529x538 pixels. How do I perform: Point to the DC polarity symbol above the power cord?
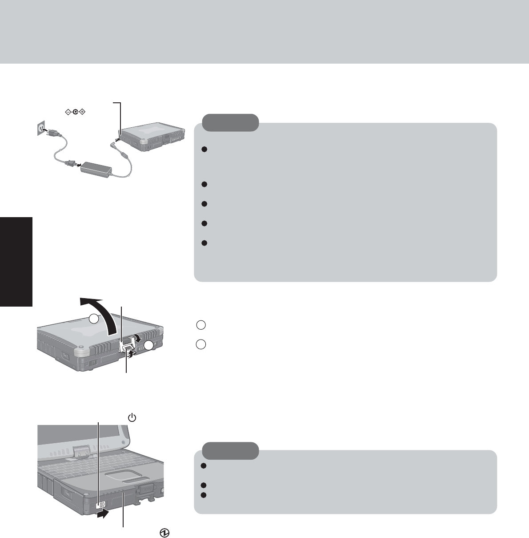click(74, 111)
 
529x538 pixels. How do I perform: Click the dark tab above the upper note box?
click(231, 122)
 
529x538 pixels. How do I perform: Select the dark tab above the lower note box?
click(231, 450)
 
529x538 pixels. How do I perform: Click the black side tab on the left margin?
click(16, 262)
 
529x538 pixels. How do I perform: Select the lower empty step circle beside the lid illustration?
click(200, 344)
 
